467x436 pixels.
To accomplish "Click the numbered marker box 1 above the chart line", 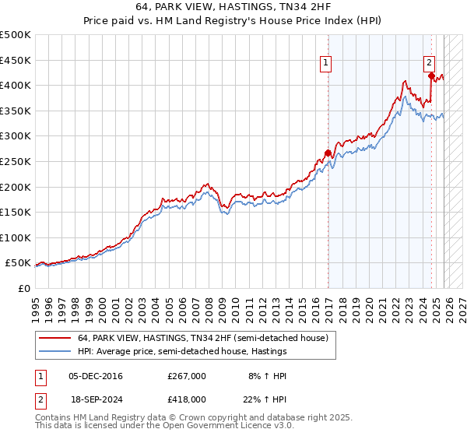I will coord(325,65).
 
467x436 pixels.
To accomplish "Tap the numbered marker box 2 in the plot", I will coord(429,65).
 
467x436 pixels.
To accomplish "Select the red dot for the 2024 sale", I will coord(431,76).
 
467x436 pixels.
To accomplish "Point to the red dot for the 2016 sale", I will coord(328,153).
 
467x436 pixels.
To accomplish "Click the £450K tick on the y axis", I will coord(16,60).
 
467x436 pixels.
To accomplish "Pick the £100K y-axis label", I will coord(16,237).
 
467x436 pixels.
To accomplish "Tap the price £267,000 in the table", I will coord(187,376).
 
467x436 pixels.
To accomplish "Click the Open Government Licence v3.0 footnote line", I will coord(148,427).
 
